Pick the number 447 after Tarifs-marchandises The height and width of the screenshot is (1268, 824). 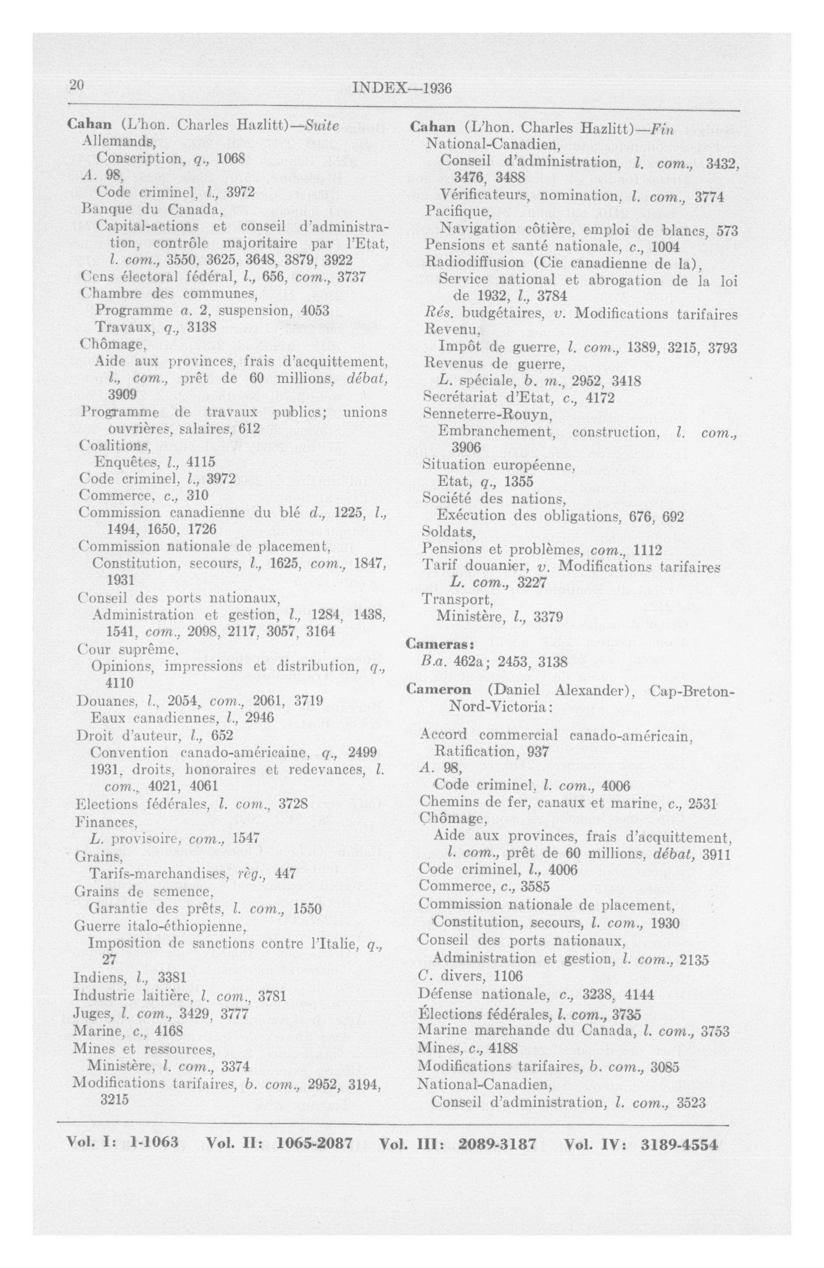tap(285, 874)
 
